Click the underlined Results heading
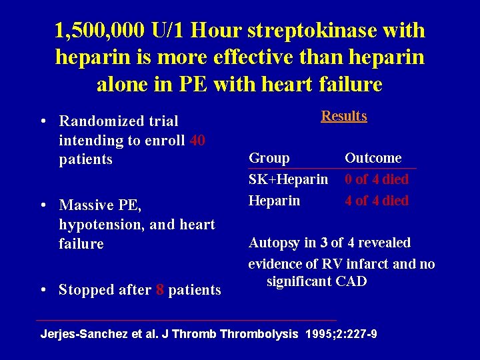click(344, 116)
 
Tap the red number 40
click(197, 141)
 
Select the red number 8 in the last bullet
click(160, 290)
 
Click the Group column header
click(269, 158)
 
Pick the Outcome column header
click(373, 158)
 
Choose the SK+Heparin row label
click(288, 179)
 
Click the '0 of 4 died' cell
click(377, 179)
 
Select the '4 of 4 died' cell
click(377, 201)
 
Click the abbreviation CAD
click(352, 281)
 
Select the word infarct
click(373, 264)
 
